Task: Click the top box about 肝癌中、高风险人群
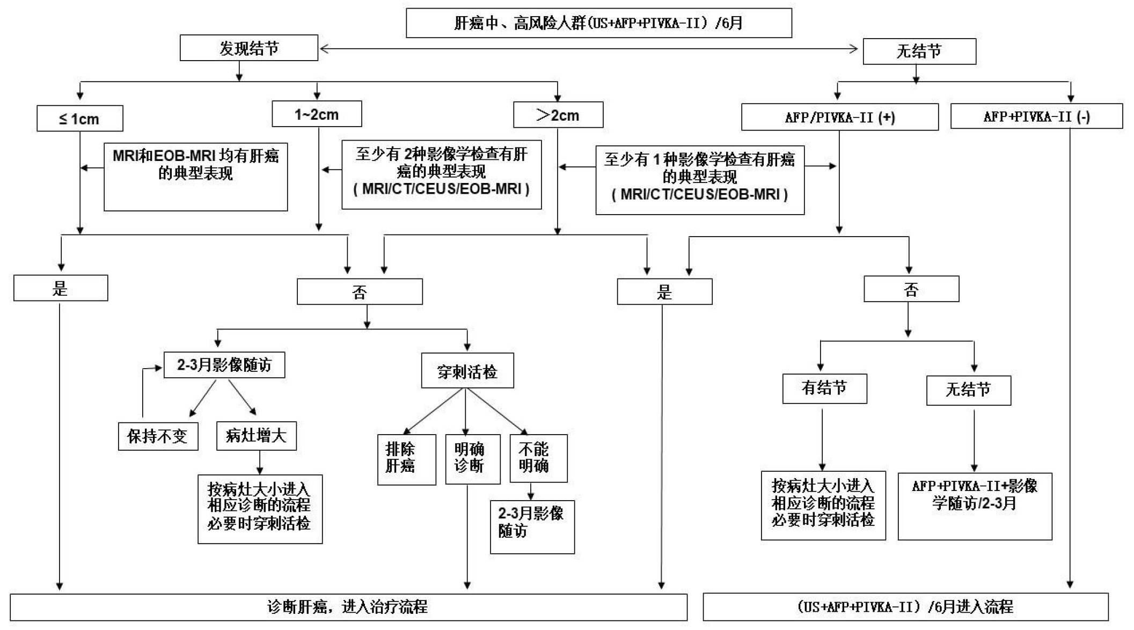coord(598,23)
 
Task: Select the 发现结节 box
coord(249,48)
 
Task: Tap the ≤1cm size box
coord(80,119)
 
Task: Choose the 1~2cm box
coord(317,114)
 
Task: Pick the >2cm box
coord(558,115)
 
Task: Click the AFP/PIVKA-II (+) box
coord(840,117)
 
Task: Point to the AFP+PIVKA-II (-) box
coord(1036,116)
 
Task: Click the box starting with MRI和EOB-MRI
coord(196,177)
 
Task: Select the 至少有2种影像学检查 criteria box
coord(442,174)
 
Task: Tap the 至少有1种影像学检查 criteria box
coord(700,180)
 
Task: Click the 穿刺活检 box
coord(467,370)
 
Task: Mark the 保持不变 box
coord(158,436)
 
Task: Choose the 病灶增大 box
coord(257,435)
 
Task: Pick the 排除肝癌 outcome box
coord(406,459)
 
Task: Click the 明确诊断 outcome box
coord(473,459)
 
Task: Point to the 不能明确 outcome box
coord(538,458)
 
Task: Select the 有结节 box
coord(824,389)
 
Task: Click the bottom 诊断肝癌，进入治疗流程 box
coord(348,607)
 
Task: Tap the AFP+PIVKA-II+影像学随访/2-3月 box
coord(975,506)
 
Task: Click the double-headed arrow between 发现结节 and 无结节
coord(589,49)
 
